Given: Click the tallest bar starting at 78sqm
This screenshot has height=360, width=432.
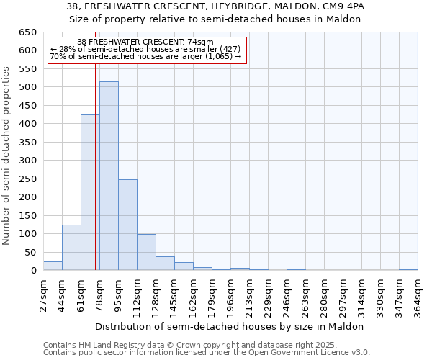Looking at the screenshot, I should point(109,176).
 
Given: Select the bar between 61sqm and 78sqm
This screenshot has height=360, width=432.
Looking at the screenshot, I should point(90,193).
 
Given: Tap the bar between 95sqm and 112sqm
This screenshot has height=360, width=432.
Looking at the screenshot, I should point(127,225).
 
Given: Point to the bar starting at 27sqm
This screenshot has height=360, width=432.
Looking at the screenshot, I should point(53,266).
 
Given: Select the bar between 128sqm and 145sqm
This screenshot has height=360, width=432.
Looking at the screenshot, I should point(165,264).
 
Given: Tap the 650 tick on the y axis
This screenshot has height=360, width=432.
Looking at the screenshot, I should point(28,32).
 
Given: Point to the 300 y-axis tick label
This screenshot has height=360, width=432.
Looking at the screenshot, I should point(28,161).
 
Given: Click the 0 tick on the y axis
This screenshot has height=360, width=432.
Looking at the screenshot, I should point(33,271).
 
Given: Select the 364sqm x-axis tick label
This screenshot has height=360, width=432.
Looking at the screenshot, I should point(418,294).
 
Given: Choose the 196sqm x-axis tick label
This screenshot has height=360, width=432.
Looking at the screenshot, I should point(230,294).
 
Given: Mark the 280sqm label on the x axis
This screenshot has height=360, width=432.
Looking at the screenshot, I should point(324,294).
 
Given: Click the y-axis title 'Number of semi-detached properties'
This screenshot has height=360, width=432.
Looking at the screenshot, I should point(7,156).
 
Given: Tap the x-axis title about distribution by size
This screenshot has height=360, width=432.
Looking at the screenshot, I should point(230,326).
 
